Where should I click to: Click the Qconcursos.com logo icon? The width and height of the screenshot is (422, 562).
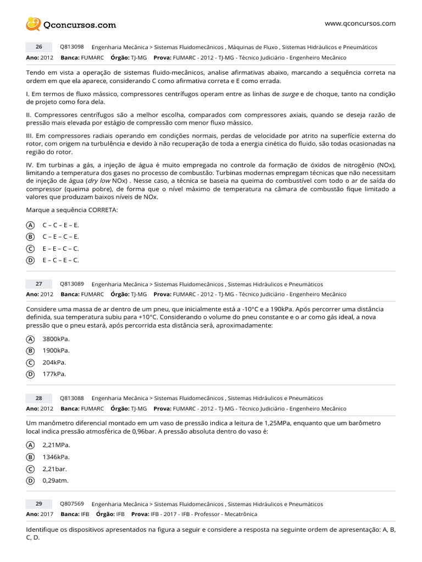tap(33, 24)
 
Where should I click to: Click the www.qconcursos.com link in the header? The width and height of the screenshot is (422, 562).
tap(360, 23)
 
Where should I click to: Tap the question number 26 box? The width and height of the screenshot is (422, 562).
tap(39, 47)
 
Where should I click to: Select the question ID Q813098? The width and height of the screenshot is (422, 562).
tap(71, 47)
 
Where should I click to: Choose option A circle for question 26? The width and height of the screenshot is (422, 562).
tap(30, 225)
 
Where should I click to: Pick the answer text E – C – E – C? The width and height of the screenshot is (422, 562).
tap(60, 260)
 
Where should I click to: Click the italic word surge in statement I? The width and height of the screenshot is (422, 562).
tap(290, 94)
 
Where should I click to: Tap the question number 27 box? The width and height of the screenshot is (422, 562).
tap(39, 284)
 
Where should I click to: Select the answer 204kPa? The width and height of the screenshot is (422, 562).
tap(54, 362)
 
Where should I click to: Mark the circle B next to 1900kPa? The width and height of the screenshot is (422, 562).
tap(30, 351)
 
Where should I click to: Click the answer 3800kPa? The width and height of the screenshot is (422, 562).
tap(55, 339)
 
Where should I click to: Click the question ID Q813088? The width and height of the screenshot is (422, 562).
tap(71, 398)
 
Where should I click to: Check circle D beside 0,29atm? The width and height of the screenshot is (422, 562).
tap(30, 481)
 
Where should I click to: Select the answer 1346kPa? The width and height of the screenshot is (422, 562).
tap(55, 457)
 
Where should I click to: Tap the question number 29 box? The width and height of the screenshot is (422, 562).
tap(39, 504)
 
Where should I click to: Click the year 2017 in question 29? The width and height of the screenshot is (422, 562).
tap(47, 514)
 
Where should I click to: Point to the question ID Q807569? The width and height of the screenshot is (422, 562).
tap(71, 504)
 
